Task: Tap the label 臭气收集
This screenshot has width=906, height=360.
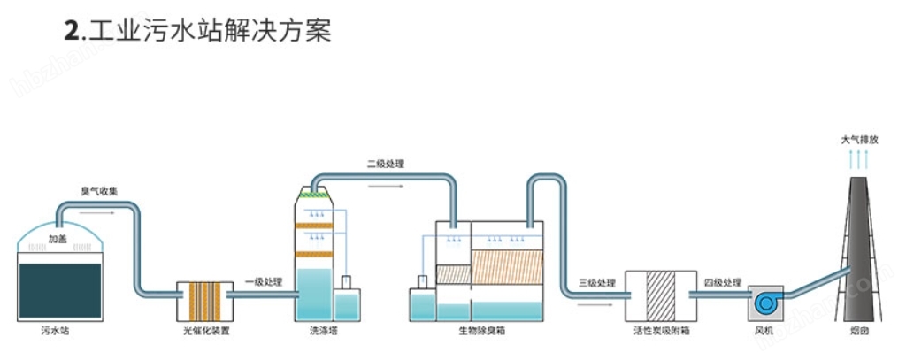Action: coord(99,191)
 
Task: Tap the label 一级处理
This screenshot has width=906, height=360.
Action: coord(263,282)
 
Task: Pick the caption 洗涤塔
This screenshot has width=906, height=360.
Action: coord(321,332)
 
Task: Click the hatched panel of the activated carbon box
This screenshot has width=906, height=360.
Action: coord(661,295)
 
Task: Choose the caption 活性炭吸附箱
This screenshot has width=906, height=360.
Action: coord(661,332)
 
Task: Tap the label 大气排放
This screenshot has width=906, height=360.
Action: coord(859,140)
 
